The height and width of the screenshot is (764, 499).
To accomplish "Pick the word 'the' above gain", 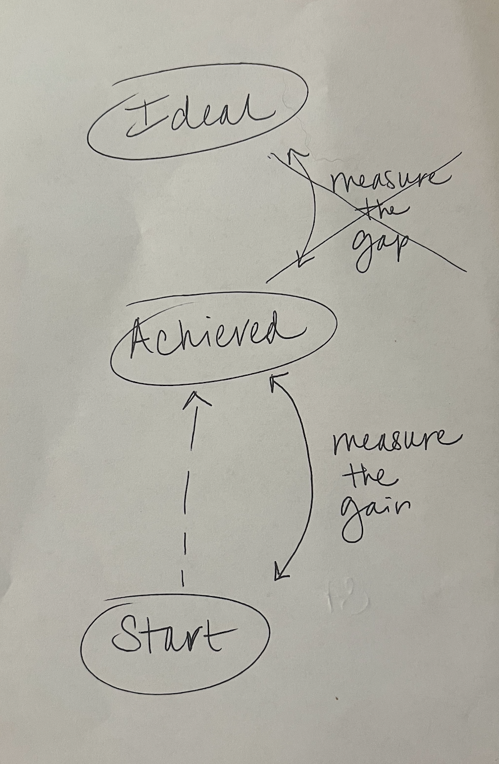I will pos(368,478).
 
